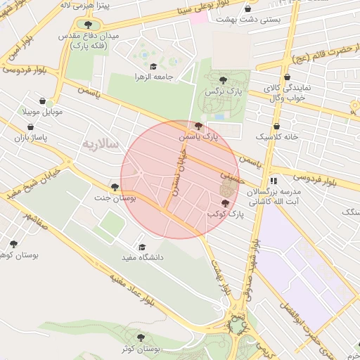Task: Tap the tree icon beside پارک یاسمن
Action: [x=198, y=126]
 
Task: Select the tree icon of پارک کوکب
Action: [x=225, y=203]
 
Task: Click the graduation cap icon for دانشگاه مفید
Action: [x=142, y=247]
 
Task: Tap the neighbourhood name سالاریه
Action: [x=102, y=144]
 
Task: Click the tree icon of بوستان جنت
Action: [x=115, y=186]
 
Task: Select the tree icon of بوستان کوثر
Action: [x=141, y=337]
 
